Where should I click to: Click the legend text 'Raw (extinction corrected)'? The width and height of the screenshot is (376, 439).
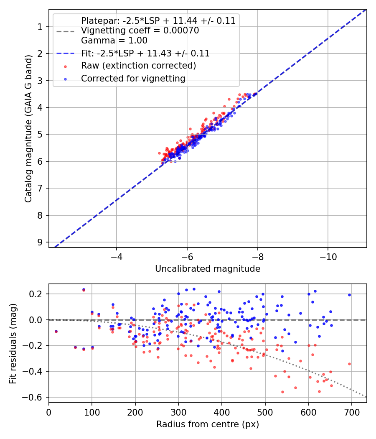coord(138,66)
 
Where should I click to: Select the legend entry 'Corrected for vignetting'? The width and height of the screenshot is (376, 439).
coord(133,79)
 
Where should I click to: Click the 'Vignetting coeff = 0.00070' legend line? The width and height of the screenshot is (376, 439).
coord(140,31)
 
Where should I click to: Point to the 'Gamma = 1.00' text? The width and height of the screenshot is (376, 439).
coord(114,41)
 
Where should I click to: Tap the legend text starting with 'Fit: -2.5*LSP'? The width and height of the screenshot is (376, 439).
coord(145,53)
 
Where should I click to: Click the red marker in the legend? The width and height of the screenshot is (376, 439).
coord(66,66)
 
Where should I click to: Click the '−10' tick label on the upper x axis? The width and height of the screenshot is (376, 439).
coord(328,257)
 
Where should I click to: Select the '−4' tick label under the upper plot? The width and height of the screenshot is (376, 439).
coord(117,257)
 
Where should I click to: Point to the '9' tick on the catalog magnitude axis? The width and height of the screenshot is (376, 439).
coord(40,242)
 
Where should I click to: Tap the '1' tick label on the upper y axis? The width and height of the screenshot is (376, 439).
coord(40,27)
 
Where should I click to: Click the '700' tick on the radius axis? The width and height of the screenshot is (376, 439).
coord(352,412)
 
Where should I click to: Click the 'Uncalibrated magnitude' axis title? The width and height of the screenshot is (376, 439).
coord(208,269)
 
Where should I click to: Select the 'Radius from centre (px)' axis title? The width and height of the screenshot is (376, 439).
coord(208,424)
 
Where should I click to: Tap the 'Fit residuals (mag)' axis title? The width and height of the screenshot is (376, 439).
coord(13,344)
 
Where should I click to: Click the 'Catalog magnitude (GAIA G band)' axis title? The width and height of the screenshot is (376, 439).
coord(28,128)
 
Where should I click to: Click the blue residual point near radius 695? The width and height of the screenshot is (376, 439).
coord(349,295)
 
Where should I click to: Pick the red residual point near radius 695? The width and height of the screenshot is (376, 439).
coord(349,364)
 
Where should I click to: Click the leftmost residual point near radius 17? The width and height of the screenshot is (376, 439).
coord(56,332)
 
